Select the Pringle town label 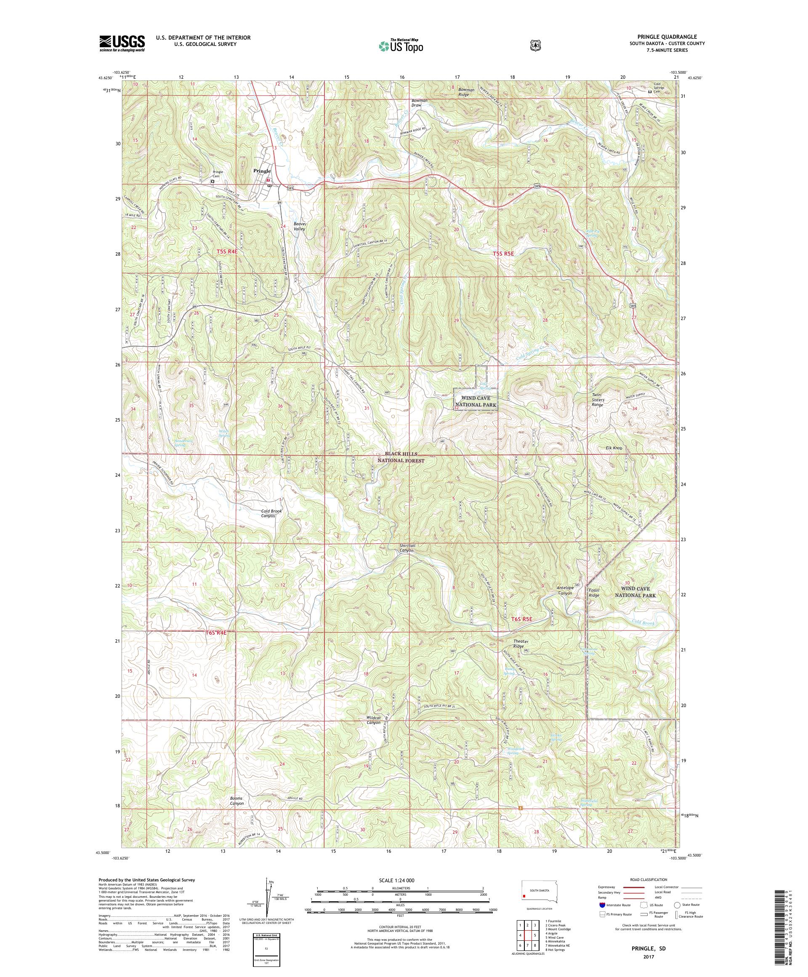262,171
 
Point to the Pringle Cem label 218,174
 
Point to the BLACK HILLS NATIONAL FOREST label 401,457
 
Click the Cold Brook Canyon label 271,513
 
